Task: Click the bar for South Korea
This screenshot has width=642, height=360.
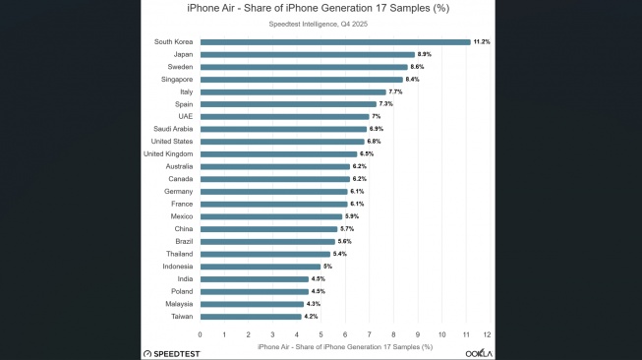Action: coord(335,41)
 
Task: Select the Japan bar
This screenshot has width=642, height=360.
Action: coord(308,54)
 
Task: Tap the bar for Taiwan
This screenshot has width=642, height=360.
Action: coord(251,317)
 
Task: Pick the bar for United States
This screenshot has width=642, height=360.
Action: coord(282,142)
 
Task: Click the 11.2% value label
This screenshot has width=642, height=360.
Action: coord(482,41)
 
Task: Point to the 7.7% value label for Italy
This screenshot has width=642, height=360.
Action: coord(396,91)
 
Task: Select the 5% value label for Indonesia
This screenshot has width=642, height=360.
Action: coord(328,267)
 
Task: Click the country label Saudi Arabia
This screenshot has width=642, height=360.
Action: coord(173,129)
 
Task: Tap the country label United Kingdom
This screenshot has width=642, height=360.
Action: coord(168,153)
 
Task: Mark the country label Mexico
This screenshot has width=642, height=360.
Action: coord(180,216)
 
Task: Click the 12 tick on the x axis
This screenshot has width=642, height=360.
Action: coord(488,335)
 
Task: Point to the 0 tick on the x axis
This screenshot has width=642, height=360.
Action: coord(201,335)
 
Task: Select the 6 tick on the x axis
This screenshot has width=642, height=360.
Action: coord(344,335)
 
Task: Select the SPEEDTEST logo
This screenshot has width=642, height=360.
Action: coord(178,352)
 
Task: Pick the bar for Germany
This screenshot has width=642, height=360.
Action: coord(273,192)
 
